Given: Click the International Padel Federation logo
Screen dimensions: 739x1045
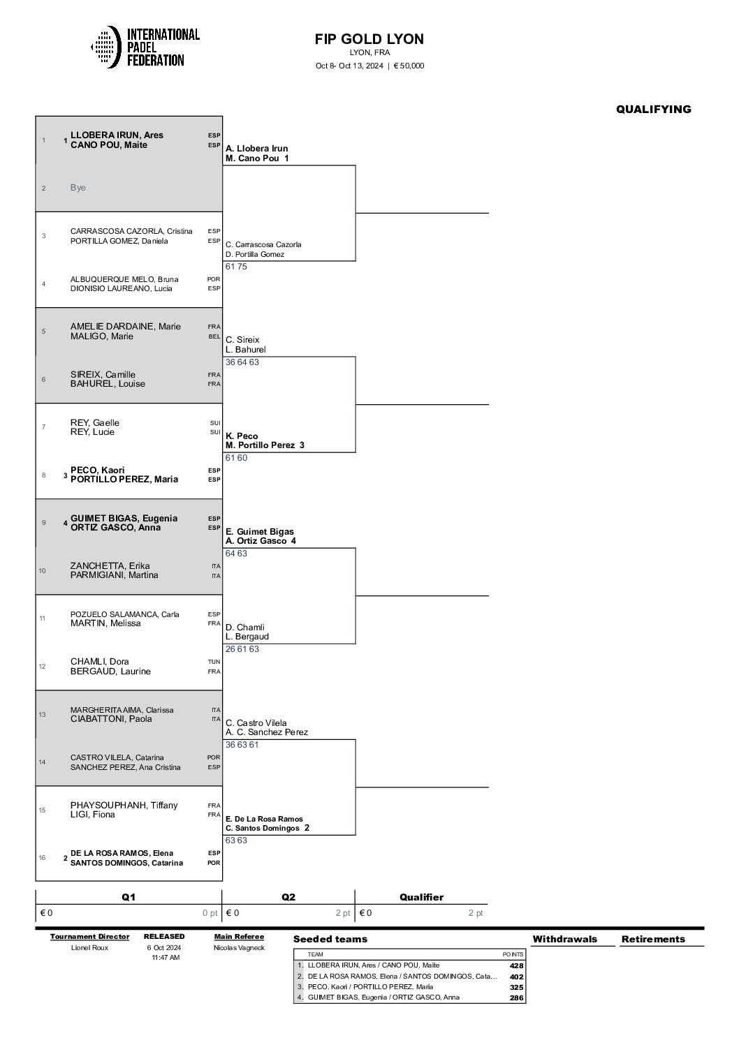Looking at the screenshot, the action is point(145,47).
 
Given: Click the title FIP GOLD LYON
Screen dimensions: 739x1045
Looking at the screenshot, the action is point(369,38).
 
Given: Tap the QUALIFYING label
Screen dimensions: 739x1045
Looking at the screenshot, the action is point(654,109).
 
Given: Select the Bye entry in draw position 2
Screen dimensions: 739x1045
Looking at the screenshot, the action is point(78,188).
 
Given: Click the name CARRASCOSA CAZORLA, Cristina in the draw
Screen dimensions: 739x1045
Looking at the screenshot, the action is point(131,231).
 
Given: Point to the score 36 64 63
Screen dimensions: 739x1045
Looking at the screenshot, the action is point(242,362).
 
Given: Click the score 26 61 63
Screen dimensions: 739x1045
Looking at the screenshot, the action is point(242,649).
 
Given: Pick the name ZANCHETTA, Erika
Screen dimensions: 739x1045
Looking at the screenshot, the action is point(110,566).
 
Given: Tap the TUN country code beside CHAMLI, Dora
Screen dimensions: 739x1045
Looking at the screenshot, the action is point(214,662).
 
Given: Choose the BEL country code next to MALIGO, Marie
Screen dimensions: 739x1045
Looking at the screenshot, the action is point(214,336).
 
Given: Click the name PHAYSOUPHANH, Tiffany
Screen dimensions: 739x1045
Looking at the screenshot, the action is point(124,805).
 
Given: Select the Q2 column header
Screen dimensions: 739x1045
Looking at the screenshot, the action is point(288,897).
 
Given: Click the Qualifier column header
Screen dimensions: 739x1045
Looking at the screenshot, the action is point(422,897).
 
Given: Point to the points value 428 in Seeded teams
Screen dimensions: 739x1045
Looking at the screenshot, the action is point(516,965).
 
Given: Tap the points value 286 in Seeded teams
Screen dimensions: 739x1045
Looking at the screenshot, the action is point(516,998).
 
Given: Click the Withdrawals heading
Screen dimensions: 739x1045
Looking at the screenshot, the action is point(565,939).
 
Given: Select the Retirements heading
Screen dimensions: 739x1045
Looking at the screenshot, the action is point(653,939).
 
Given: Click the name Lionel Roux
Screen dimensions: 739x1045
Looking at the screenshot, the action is point(89,947).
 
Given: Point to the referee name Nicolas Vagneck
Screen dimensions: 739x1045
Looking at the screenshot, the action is point(239,947).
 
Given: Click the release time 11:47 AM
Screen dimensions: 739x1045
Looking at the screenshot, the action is point(166,957).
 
